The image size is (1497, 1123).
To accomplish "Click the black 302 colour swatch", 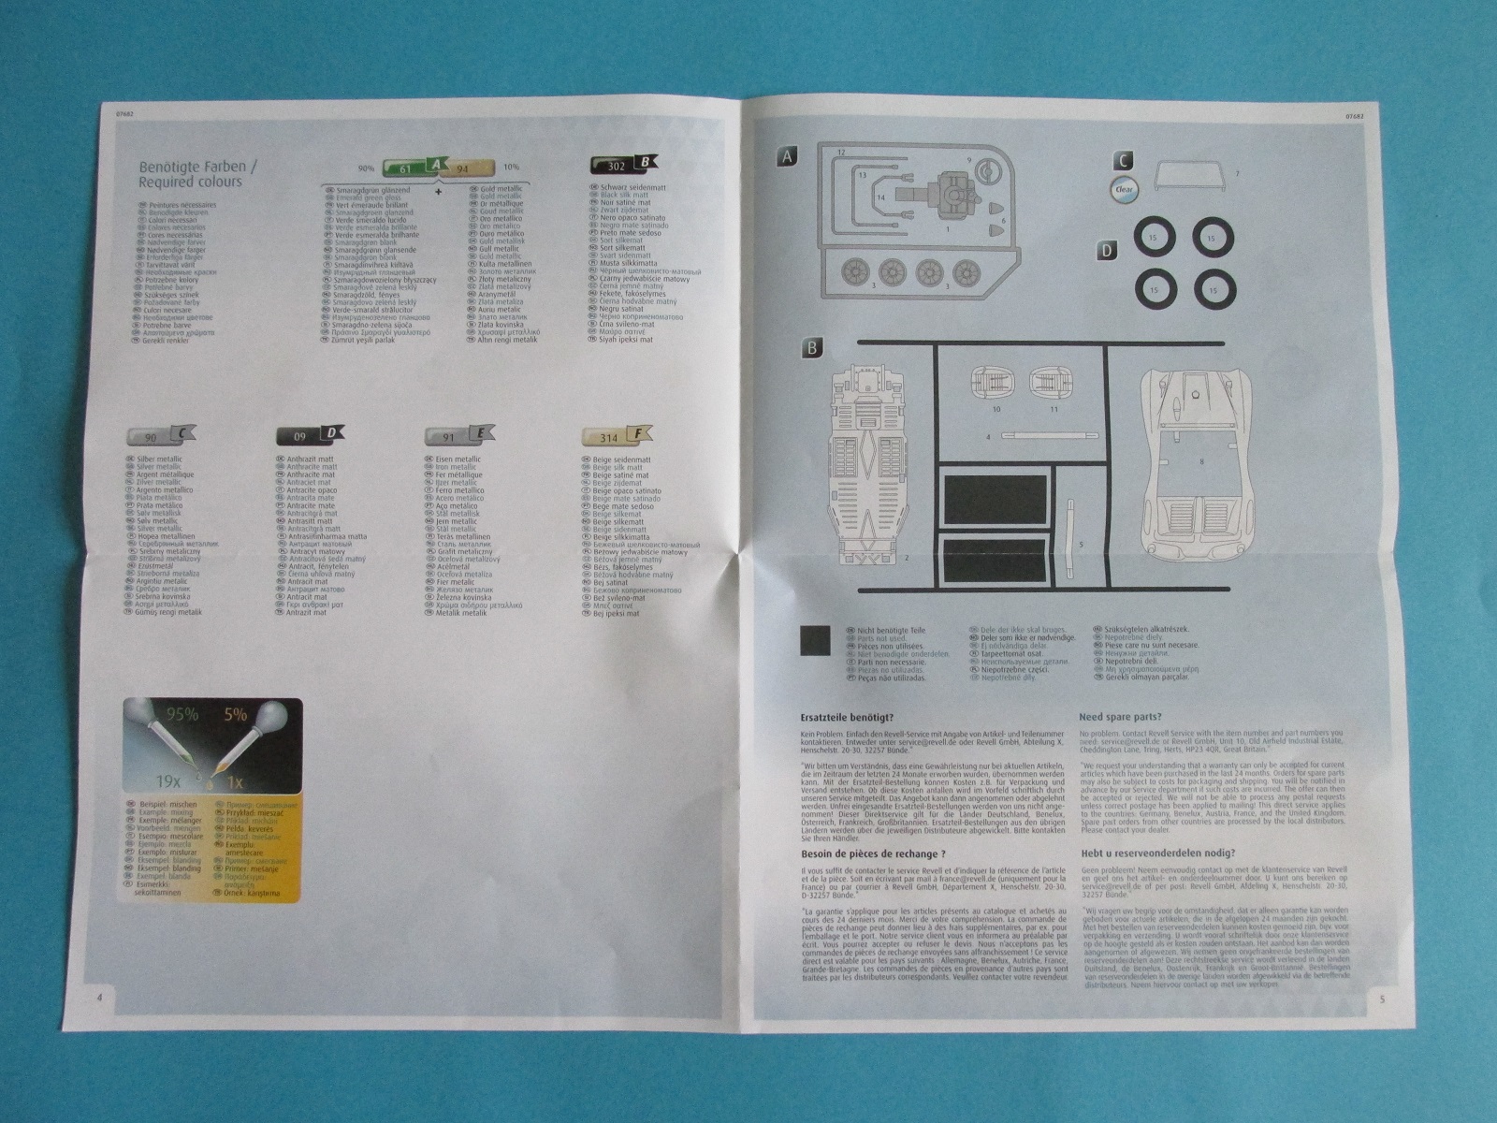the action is [613, 164].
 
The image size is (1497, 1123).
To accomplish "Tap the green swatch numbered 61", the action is [404, 168].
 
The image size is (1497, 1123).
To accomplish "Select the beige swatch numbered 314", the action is [606, 436].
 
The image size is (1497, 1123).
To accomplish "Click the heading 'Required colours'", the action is [190, 182].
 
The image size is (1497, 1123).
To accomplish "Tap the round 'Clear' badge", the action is [1125, 188].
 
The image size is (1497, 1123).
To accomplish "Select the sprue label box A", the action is [788, 157].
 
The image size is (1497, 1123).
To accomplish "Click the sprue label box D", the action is [1108, 250].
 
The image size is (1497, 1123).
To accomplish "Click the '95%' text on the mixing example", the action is [182, 715].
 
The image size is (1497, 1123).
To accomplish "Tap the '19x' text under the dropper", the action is [168, 780].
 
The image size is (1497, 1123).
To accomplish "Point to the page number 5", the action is [1382, 998].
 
